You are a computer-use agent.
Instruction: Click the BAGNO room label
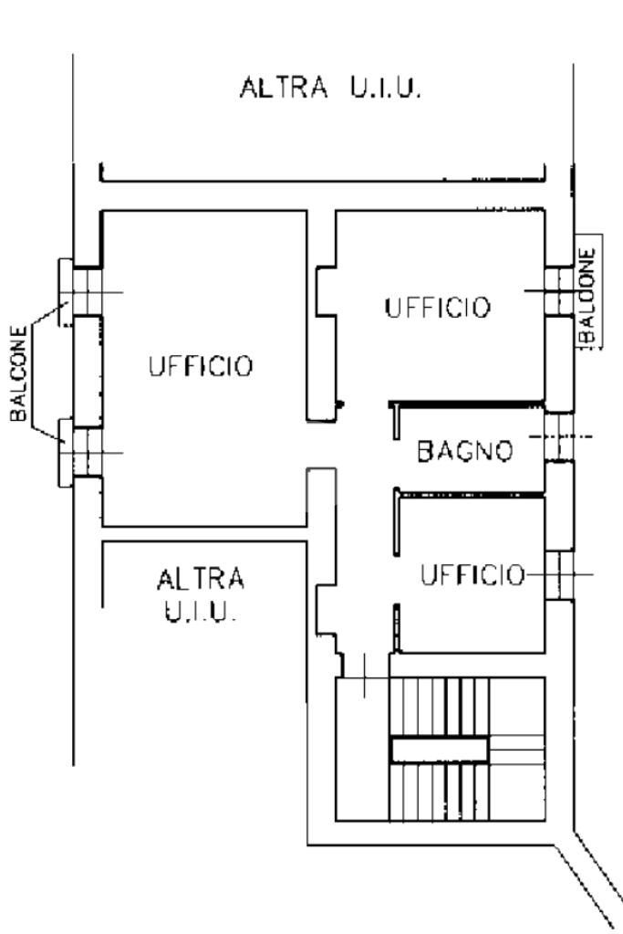click(x=464, y=451)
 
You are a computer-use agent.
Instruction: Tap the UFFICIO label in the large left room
click(x=201, y=366)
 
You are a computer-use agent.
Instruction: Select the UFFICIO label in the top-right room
click(x=437, y=308)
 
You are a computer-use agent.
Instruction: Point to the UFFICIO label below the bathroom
click(x=473, y=575)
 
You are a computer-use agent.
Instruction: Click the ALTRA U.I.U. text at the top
click(x=331, y=87)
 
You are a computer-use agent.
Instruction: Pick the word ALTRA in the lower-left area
click(x=201, y=579)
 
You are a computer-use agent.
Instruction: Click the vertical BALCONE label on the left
click(x=18, y=373)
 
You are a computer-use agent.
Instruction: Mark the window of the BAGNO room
click(x=559, y=436)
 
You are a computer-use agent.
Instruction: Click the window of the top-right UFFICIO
click(x=559, y=290)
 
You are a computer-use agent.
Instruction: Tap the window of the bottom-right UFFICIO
click(x=559, y=575)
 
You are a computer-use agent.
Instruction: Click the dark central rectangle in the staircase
click(x=439, y=750)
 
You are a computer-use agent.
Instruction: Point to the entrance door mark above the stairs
click(x=365, y=677)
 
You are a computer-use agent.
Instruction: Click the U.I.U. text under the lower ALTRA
click(x=201, y=612)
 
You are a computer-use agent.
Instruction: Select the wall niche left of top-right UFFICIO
click(x=325, y=291)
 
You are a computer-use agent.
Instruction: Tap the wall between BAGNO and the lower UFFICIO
click(x=470, y=494)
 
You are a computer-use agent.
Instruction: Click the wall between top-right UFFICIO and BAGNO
click(x=466, y=404)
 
